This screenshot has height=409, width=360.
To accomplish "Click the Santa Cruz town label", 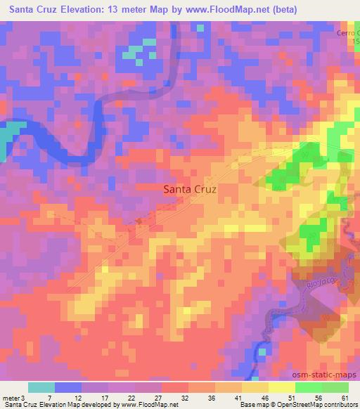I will pyautogui.click(x=189, y=188).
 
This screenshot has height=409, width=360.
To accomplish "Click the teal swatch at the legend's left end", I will pyautogui.click(x=41, y=387).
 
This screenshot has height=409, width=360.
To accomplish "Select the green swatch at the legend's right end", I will pyautogui.click(x=335, y=387).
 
